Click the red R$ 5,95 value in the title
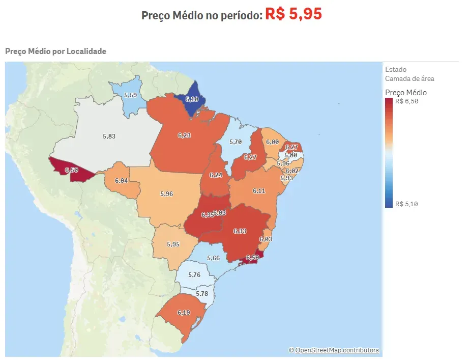pos(294,14)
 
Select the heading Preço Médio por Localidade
pos(55,51)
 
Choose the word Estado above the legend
pos(396,69)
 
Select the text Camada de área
pos(409,78)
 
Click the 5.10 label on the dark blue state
pos(192,99)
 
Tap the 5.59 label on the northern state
pos(131,95)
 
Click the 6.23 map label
pos(184,135)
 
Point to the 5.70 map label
pos(236,142)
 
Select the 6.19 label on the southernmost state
pos(184,312)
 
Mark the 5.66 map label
pos(213,258)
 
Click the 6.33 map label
pos(240,231)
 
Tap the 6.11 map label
pos(259,191)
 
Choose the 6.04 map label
pos(121,181)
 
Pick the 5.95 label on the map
pos(173,244)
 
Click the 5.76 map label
pos(194,275)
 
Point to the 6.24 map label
pos(216,175)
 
